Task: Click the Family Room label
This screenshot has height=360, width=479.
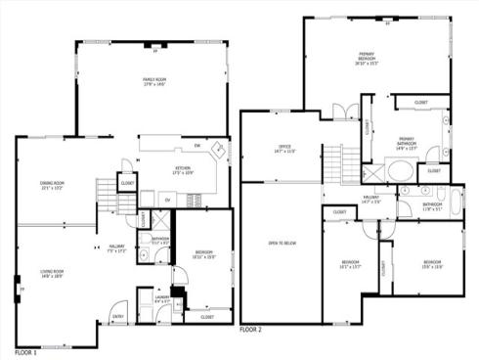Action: coord(154,81)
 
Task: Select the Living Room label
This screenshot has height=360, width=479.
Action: coord(52,274)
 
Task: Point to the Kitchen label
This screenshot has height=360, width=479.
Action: coord(183,170)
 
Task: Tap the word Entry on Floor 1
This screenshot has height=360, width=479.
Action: coord(118,316)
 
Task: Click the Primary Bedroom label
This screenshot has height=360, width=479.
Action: coord(367,58)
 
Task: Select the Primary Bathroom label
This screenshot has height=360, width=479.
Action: coord(405,144)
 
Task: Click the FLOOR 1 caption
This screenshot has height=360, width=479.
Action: coord(26,350)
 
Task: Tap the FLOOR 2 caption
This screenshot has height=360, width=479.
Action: coord(251,331)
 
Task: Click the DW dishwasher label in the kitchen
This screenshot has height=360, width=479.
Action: coord(197,147)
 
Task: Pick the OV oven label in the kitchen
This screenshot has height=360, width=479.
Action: coord(167,201)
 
